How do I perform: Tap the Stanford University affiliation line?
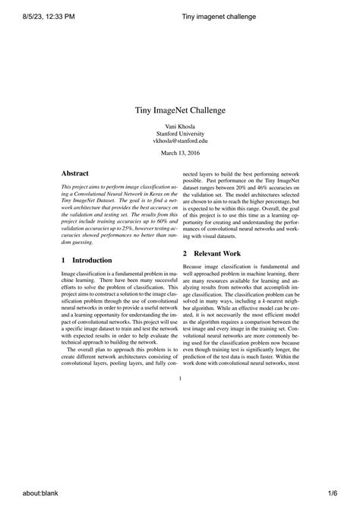point(179,133)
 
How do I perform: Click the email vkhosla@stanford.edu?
point(179,141)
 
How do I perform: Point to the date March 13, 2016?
point(179,154)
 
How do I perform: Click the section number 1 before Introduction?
point(63,260)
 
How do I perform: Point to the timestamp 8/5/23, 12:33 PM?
point(42,17)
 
